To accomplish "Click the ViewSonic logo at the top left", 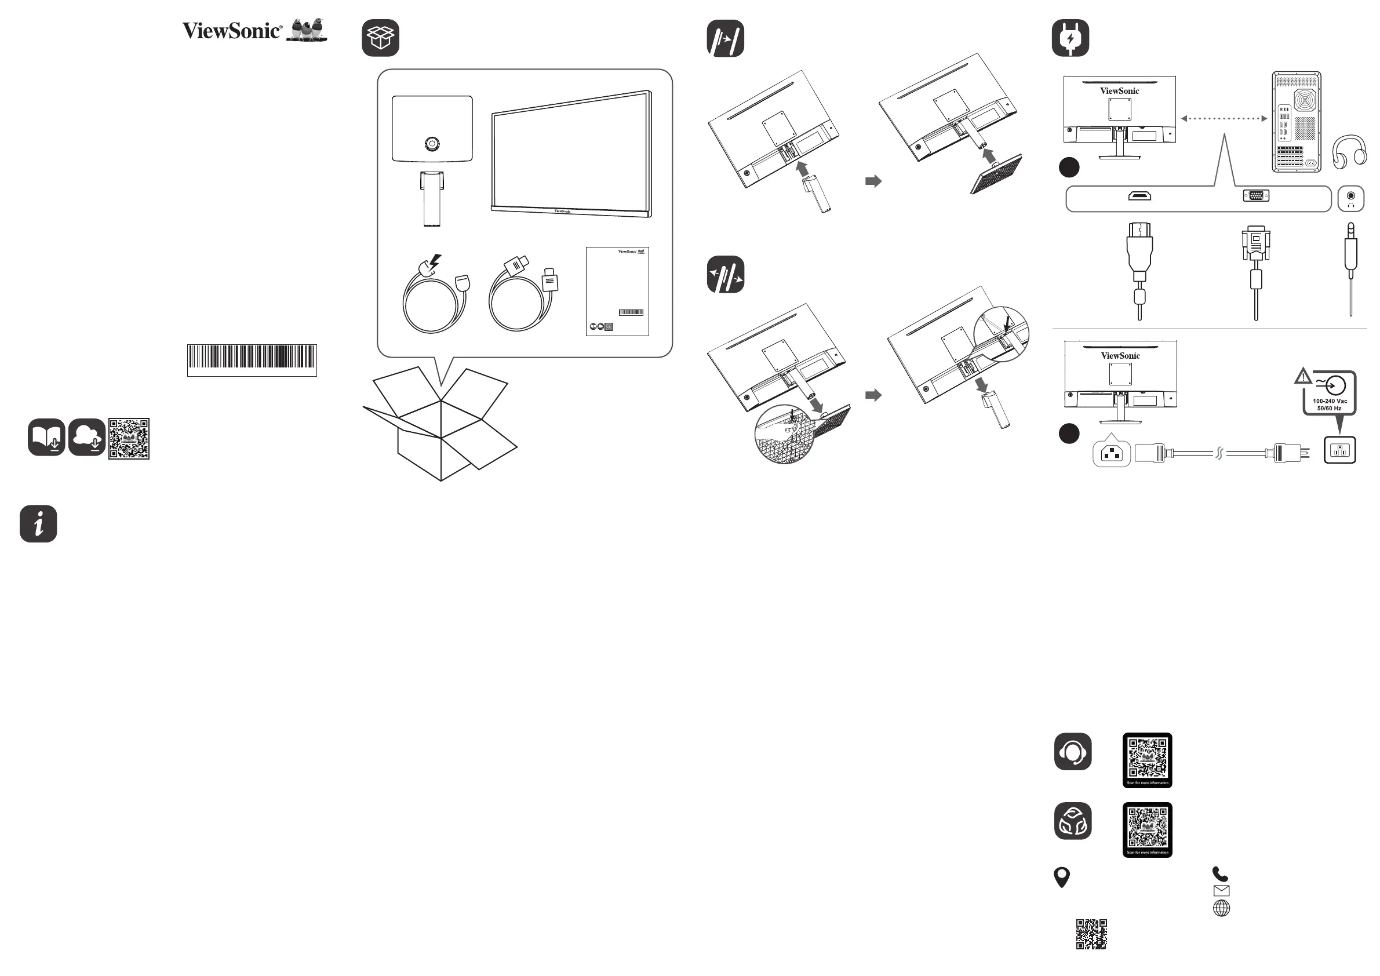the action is pos(254,30).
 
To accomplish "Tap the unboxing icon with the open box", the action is pos(380,38).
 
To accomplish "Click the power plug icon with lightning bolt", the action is pos(1070,38).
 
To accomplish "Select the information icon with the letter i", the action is pos(38,523).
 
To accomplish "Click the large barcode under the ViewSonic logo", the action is pos(252,357).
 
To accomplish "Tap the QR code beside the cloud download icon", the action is pos(129,439).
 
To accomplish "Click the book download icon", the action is pos(46,437).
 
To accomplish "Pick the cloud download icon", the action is pos(87,437).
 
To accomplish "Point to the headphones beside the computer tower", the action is pos(1349,151).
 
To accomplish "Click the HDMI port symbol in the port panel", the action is pos(1139,195).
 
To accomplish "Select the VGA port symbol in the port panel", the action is pos(1255,195).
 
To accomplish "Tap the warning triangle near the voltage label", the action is pos(1302,377).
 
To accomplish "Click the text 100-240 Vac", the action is pos(1330,401).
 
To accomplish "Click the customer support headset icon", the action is pos(1072,751).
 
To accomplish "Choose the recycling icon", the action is pos(1072,820).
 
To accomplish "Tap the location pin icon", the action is pos(1062,877).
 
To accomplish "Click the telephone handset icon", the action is pos(1220,874).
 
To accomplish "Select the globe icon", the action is pos(1221,908).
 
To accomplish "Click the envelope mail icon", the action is pos(1221,891).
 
